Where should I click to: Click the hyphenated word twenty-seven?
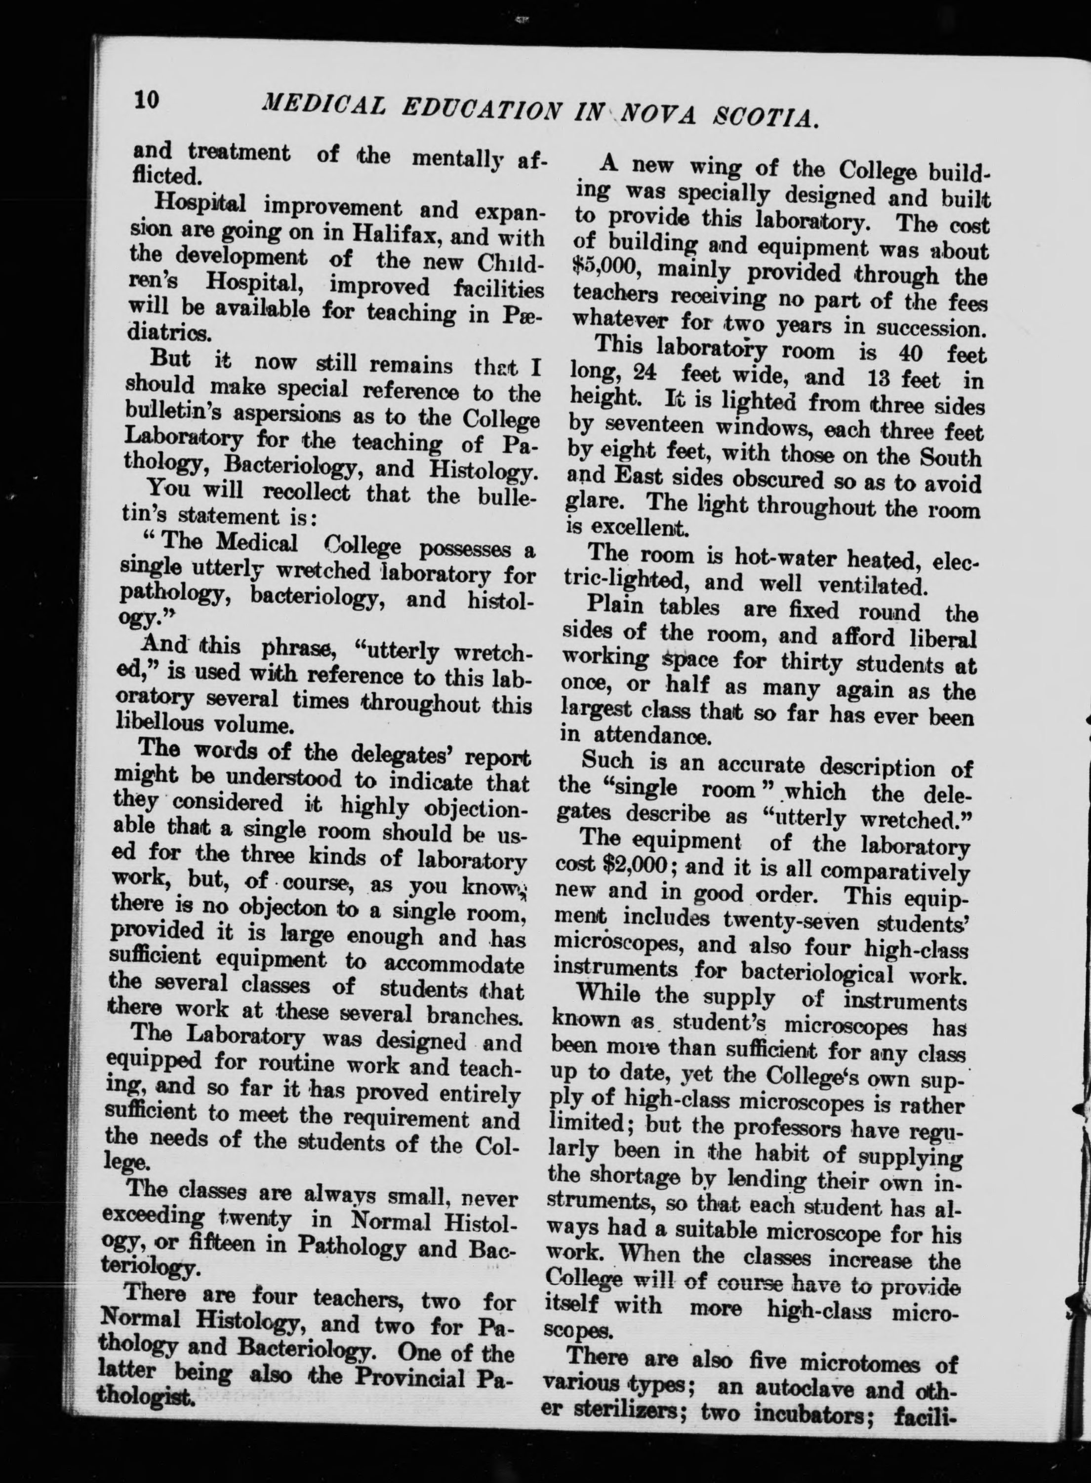[783, 919]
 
